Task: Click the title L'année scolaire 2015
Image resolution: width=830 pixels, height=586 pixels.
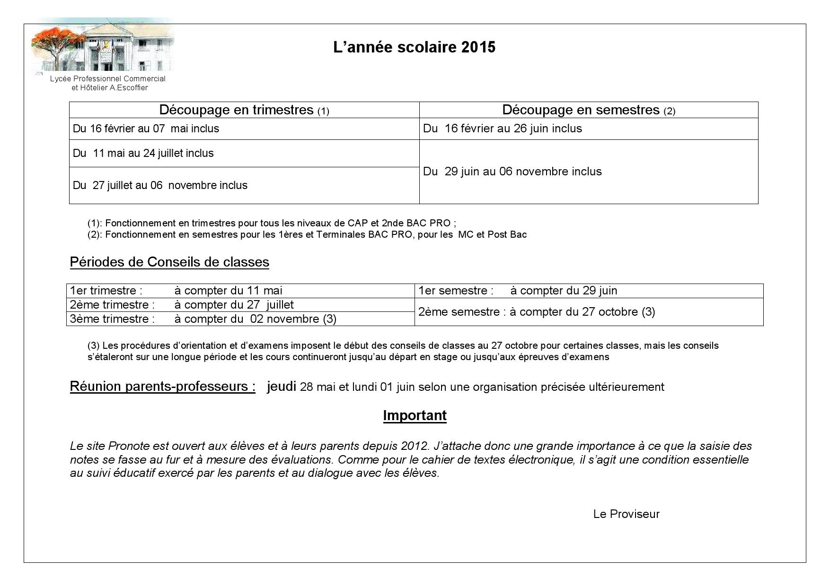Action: (x=414, y=47)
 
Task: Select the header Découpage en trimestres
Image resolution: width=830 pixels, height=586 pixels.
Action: (x=244, y=110)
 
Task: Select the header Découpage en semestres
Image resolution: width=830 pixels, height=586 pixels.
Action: (x=588, y=110)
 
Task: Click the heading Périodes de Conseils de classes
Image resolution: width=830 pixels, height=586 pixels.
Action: (x=169, y=262)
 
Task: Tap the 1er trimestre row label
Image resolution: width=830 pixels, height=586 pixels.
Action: (x=106, y=291)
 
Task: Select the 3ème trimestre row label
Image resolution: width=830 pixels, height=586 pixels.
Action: (x=113, y=319)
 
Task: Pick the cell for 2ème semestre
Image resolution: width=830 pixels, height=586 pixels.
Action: (x=537, y=312)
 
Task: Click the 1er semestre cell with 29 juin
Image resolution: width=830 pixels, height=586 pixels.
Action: (x=518, y=291)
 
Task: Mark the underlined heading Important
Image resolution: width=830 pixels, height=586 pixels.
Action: (x=415, y=415)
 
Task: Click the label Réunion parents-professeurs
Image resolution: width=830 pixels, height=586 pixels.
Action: (x=162, y=387)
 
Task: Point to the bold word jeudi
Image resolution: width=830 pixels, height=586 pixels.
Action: (x=281, y=387)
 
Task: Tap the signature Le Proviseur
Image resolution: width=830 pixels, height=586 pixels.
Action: (x=626, y=514)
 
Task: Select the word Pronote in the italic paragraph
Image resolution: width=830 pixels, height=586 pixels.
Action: (x=129, y=446)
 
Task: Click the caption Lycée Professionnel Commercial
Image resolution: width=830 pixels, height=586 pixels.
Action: (x=108, y=79)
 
